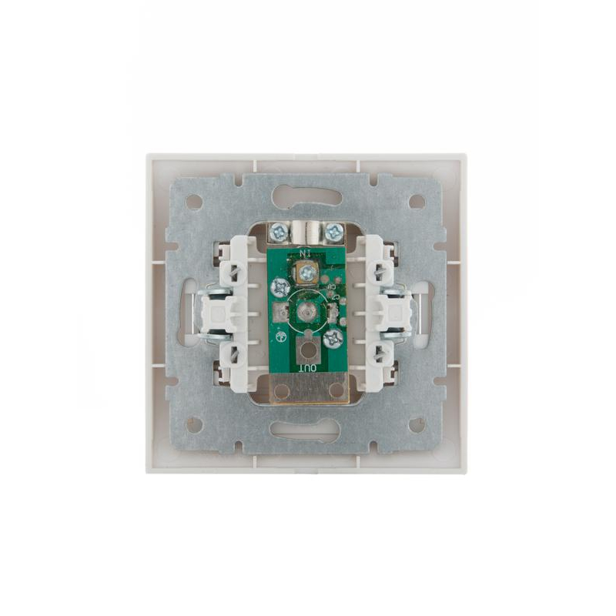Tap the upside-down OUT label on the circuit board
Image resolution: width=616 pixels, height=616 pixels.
(x=308, y=367)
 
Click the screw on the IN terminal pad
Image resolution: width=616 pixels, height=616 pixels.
(x=306, y=271)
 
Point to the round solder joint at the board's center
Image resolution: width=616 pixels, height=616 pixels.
(x=307, y=312)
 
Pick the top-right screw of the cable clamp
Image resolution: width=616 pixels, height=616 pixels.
(x=333, y=230)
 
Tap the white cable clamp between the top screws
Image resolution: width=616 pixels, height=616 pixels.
(x=306, y=230)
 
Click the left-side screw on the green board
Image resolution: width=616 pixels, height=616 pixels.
(x=278, y=287)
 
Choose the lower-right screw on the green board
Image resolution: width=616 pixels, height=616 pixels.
(x=333, y=337)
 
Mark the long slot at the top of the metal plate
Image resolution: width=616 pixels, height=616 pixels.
(x=307, y=197)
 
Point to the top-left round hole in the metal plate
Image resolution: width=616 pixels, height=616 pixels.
(x=195, y=202)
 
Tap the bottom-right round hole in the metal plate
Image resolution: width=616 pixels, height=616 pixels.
(x=417, y=424)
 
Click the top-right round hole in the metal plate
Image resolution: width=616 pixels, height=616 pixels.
(x=417, y=202)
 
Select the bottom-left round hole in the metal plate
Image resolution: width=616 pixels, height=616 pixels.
(x=195, y=424)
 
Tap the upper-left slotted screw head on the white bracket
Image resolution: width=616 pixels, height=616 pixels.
(x=230, y=272)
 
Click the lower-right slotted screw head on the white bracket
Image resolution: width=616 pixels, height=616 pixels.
(x=380, y=353)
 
